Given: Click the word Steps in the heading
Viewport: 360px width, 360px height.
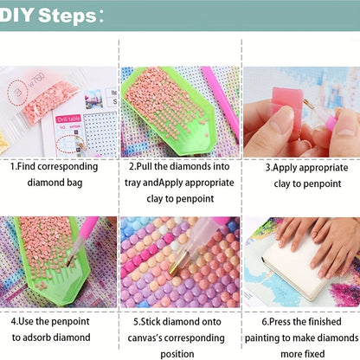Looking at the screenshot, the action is point(67,16).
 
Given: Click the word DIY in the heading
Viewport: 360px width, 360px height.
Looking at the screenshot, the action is point(16,15).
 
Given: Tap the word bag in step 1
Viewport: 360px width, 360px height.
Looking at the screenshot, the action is point(74,183).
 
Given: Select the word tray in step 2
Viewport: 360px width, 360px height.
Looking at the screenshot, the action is point(132,183).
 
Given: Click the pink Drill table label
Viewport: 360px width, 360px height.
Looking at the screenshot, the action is point(68,119).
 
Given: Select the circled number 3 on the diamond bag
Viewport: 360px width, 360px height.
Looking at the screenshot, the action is point(17,93).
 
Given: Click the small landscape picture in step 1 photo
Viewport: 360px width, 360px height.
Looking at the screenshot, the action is point(93,99).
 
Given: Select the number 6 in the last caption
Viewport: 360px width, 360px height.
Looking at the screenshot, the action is point(265,322).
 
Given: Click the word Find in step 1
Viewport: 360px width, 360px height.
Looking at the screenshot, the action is point(27,166).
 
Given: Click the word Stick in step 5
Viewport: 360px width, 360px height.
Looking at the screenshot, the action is point(151,322).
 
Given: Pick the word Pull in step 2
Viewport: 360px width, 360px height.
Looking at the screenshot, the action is point(145,166).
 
